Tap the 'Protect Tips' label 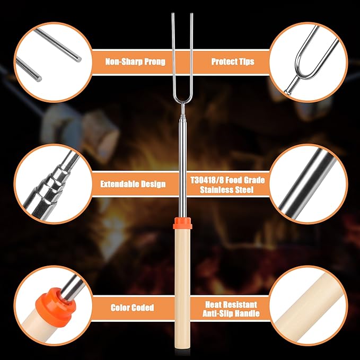click(x=233, y=62)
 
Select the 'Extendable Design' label click(x=133, y=185)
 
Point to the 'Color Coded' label click(x=133, y=308)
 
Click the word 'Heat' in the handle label click(x=215, y=305)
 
